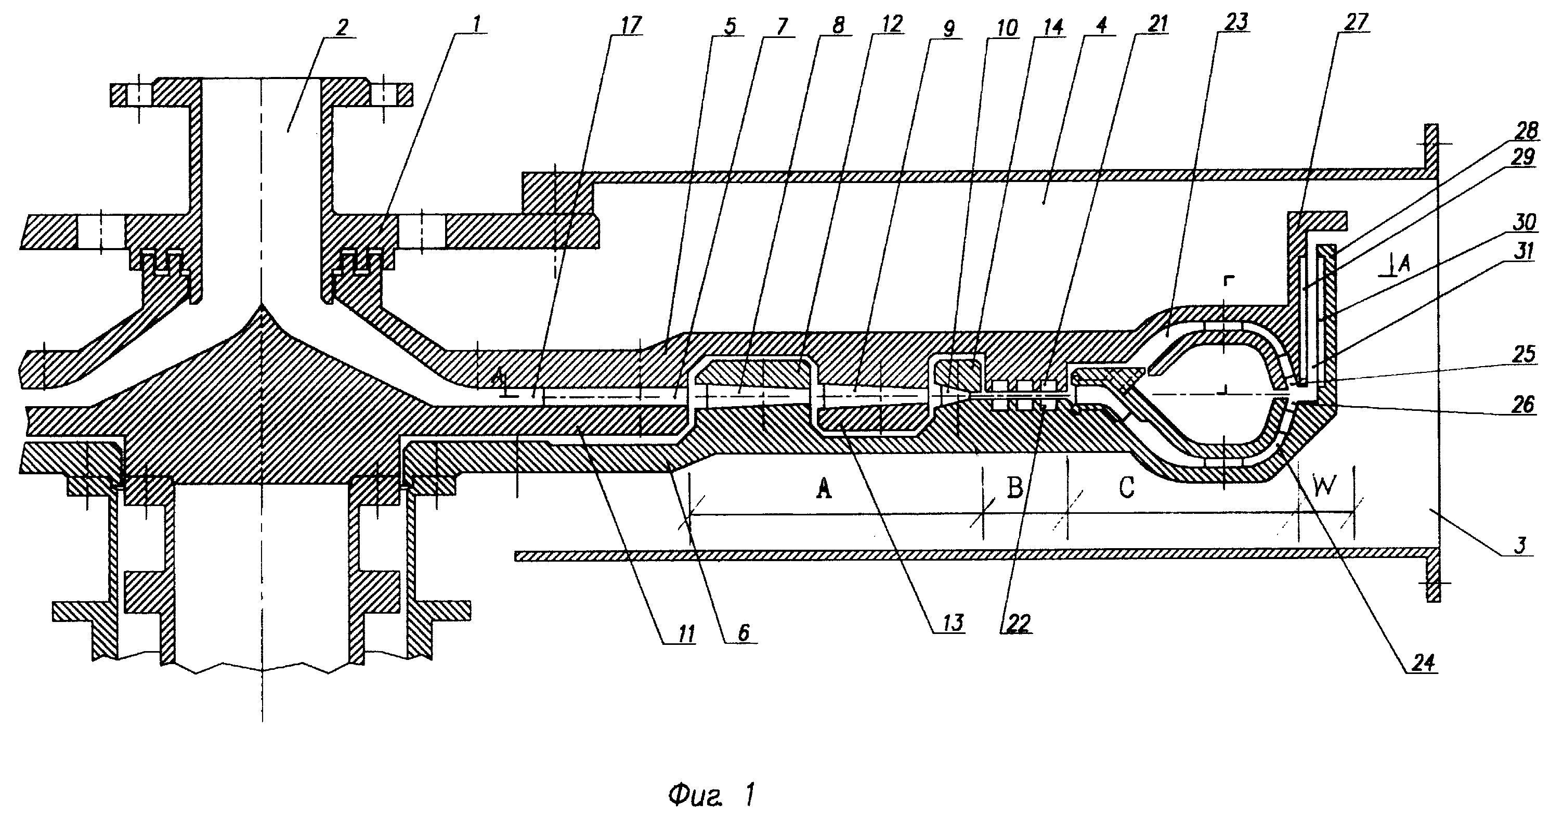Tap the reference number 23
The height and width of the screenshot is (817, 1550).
click(1235, 22)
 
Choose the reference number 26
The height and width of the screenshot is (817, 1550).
click(1524, 404)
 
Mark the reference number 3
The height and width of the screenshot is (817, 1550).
click(1520, 545)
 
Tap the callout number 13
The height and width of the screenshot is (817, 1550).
click(953, 622)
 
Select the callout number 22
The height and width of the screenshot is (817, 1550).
click(1018, 624)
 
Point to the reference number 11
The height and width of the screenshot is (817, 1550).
click(685, 633)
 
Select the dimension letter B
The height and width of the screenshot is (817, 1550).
click(1015, 487)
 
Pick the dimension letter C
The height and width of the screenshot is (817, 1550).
click(1126, 487)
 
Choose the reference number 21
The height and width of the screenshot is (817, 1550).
click(1156, 23)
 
